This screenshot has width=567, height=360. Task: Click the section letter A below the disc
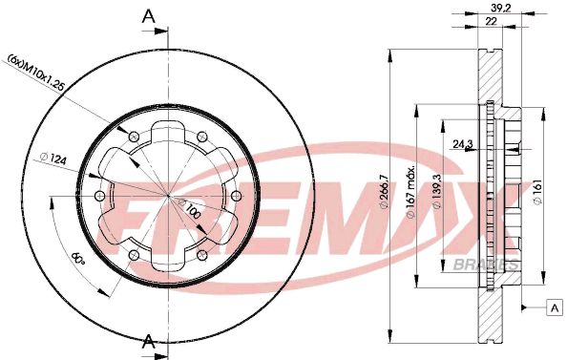[148, 341]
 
